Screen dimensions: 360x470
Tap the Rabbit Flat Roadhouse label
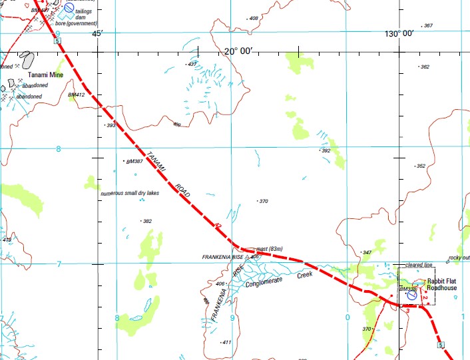pos(442,284)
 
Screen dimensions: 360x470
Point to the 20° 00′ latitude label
pos(238,51)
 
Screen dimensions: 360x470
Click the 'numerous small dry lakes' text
pos(130,194)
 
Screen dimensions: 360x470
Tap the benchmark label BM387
pos(134,162)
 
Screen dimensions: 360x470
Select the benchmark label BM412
pos(77,95)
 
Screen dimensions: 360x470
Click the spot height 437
pos(193,64)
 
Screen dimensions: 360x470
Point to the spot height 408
pos(253,19)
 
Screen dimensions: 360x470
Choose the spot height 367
pos(427,26)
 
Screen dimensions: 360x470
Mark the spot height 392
pos(326,151)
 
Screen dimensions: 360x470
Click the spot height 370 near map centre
pos(263,201)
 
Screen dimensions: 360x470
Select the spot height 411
pos(226,342)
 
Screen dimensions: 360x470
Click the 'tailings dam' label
pos(83,15)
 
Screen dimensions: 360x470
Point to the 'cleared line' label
pos(419,265)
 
